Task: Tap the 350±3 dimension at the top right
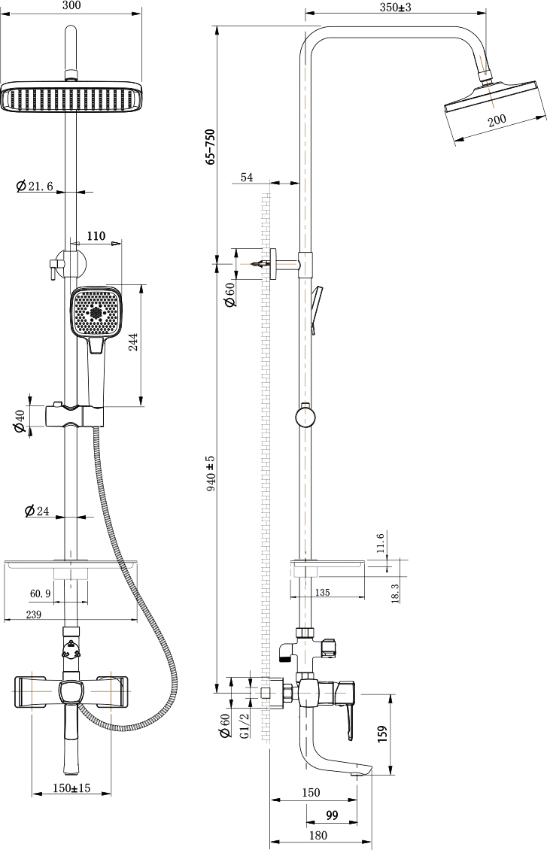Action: [x=396, y=7]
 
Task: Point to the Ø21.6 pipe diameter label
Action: [x=35, y=187]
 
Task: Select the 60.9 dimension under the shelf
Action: [x=41, y=594]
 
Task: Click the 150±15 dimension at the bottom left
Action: [x=71, y=788]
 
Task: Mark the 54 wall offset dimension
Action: [x=247, y=177]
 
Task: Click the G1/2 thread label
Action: [x=244, y=727]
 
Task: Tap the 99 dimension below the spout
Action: [x=331, y=815]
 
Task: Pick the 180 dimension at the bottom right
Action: [x=318, y=835]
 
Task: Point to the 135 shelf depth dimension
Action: [x=321, y=593]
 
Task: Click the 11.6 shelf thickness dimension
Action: [x=381, y=542]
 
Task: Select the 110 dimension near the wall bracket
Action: [x=96, y=236]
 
